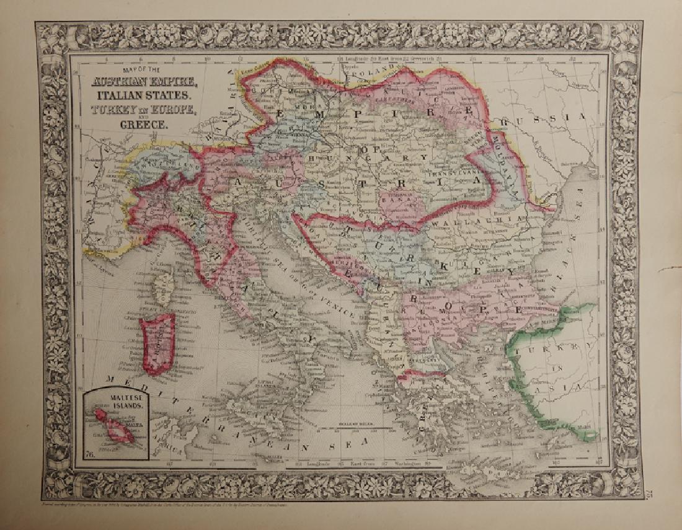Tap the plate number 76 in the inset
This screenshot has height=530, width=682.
[91, 456]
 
